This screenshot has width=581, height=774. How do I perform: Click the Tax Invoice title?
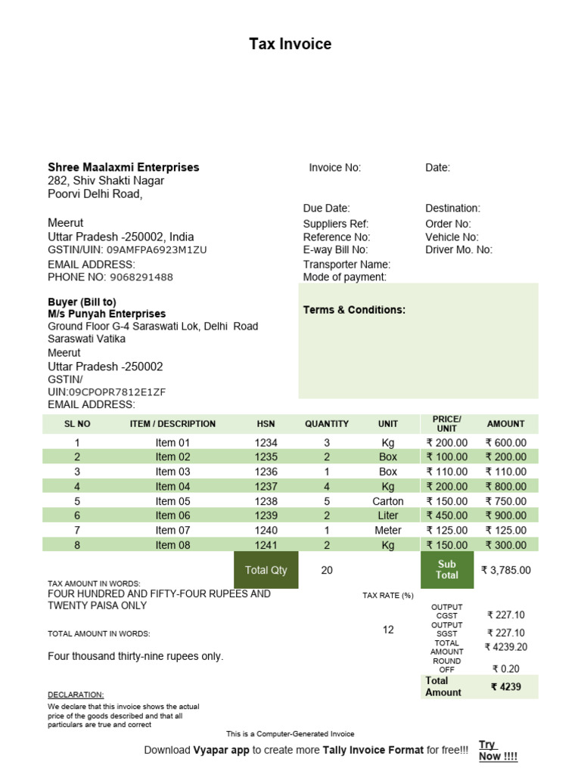pyautogui.click(x=290, y=45)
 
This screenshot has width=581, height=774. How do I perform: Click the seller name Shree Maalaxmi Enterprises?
pyautogui.click(x=123, y=167)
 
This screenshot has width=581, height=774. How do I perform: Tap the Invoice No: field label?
pyautogui.click(x=335, y=168)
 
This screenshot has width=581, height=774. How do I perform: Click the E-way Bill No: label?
pyautogui.click(x=335, y=249)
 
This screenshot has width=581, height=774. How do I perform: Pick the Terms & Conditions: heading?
pyautogui.click(x=354, y=310)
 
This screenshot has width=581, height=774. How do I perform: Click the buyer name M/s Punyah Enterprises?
pyautogui.click(x=107, y=314)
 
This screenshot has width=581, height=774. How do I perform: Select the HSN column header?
pyautogui.click(x=266, y=424)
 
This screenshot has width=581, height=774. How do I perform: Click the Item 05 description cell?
pyautogui.click(x=173, y=501)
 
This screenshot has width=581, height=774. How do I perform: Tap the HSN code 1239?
pyautogui.click(x=266, y=515)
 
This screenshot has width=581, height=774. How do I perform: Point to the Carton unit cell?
pyautogui.click(x=388, y=501)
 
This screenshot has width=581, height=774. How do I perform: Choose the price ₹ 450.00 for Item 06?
pyautogui.click(x=447, y=515)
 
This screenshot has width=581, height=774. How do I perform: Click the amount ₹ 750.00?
pyautogui.click(x=506, y=501)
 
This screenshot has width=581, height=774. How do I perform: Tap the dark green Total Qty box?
pyautogui.click(x=266, y=570)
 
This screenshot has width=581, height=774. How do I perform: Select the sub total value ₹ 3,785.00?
pyautogui.click(x=506, y=570)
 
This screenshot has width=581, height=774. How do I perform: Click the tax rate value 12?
pyautogui.click(x=388, y=630)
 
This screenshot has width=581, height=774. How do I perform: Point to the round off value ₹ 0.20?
pyautogui.click(x=506, y=669)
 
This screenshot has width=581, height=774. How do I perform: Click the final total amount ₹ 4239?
pyautogui.click(x=506, y=687)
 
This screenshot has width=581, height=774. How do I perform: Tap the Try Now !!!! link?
pyautogui.click(x=489, y=751)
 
